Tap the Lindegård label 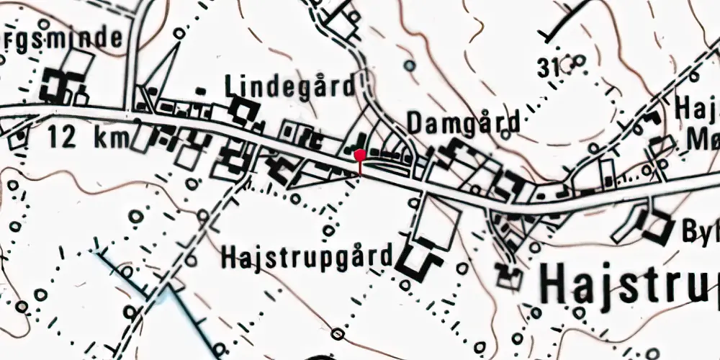290,86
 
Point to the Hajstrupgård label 308,256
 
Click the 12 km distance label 89,136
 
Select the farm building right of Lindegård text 246,112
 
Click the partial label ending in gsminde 60,38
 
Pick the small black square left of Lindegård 200,91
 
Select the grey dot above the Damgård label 409,66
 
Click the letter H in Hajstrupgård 228,256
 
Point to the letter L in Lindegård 230,86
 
